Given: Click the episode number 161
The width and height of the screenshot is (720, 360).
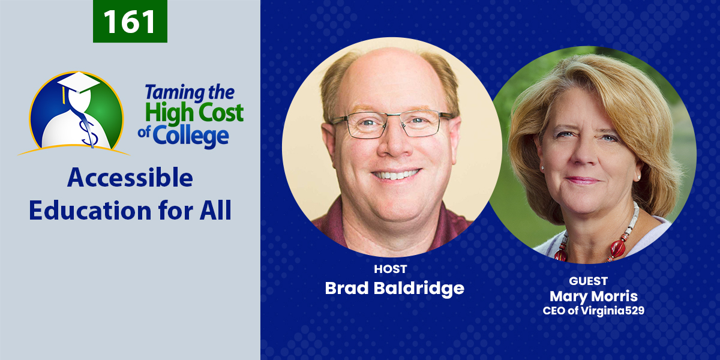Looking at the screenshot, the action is click(x=130, y=22).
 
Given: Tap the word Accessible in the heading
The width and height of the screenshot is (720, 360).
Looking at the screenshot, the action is click(x=130, y=178).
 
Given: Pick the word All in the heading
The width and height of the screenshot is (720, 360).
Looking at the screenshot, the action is click(x=215, y=210).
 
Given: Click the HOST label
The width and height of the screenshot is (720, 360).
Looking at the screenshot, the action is click(x=390, y=269).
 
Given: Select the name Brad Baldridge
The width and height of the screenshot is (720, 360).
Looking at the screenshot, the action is click(x=394, y=289).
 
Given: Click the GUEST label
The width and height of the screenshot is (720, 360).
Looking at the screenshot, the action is click(x=588, y=281).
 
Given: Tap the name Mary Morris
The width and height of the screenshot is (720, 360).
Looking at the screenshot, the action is click(x=593, y=296).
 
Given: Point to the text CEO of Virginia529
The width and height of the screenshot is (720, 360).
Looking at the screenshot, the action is click(x=593, y=311).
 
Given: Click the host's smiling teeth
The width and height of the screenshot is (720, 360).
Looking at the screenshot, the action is click(x=395, y=175).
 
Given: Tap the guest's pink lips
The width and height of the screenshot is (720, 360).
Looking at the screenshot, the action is click(x=583, y=181).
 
